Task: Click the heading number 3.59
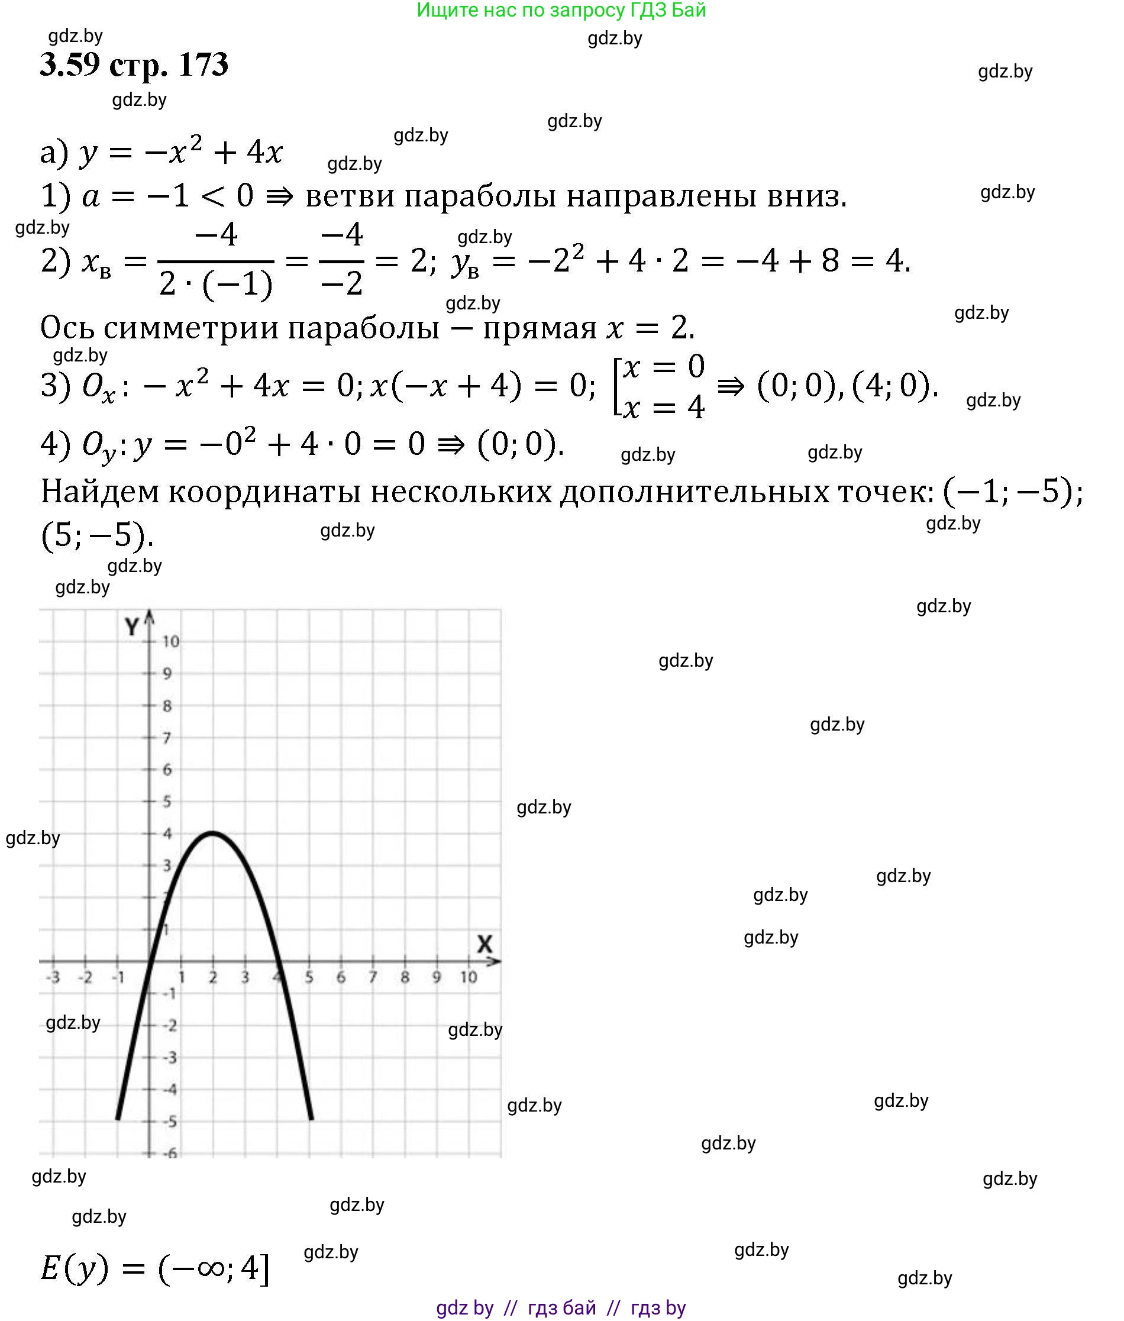click(70, 65)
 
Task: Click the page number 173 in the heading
click(204, 65)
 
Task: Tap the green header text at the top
click(561, 10)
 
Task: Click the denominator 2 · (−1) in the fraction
click(215, 283)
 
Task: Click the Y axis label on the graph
click(131, 627)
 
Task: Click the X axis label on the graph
click(485, 944)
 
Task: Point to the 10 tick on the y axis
click(170, 641)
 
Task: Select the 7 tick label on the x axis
click(373, 977)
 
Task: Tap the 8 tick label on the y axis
click(167, 705)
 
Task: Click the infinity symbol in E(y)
click(210, 1268)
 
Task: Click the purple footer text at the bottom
click(561, 1307)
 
